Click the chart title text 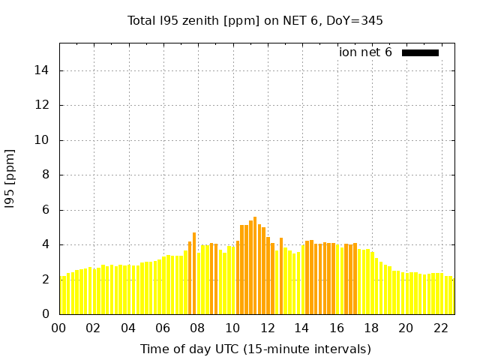click(255, 20)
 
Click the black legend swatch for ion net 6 click(420, 52)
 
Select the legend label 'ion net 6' click(365, 52)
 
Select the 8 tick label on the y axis click(46, 175)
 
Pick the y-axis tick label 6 click(46, 210)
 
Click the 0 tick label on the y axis click(46, 314)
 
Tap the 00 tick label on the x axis click(59, 328)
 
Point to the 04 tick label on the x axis click(128, 328)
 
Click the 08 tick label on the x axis click(198, 328)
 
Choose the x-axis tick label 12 click(267, 328)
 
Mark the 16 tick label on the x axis click(337, 328)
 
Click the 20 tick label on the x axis click(406, 328)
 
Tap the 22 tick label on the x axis click(440, 328)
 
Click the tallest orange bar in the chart click(255, 262)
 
